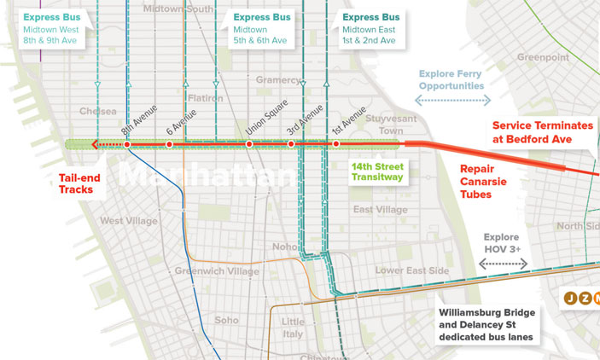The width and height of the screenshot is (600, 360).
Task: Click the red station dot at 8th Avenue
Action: point(127,145)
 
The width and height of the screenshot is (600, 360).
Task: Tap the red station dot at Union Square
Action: point(250,145)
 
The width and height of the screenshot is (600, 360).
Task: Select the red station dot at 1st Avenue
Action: point(336,145)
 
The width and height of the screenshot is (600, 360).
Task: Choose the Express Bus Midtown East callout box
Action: point(370,28)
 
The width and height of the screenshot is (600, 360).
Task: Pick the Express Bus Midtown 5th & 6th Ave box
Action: point(263,28)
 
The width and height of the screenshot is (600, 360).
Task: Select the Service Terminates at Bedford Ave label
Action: point(542,132)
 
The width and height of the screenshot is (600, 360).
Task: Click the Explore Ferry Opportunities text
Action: point(451,80)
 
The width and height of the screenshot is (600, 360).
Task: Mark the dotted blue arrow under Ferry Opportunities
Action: point(452,101)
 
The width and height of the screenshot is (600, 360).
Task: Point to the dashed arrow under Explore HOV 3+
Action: point(502,264)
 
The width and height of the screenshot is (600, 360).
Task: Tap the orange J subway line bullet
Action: point(569,298)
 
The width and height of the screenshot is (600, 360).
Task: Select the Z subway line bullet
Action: point(585,298)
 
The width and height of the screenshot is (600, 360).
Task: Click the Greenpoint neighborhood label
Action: point(542,58)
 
